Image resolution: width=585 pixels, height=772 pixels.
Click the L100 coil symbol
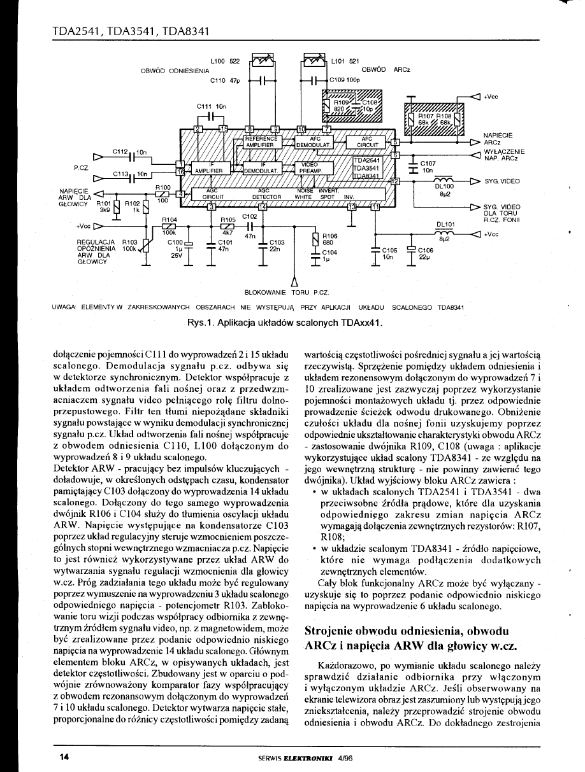263,61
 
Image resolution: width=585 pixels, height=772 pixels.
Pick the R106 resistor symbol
315,239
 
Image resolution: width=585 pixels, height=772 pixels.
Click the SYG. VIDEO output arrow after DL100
474,181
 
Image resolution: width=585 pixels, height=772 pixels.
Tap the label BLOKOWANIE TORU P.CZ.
286,293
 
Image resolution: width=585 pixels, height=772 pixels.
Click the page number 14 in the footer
64,757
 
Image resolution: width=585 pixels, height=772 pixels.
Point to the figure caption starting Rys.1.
285,323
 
